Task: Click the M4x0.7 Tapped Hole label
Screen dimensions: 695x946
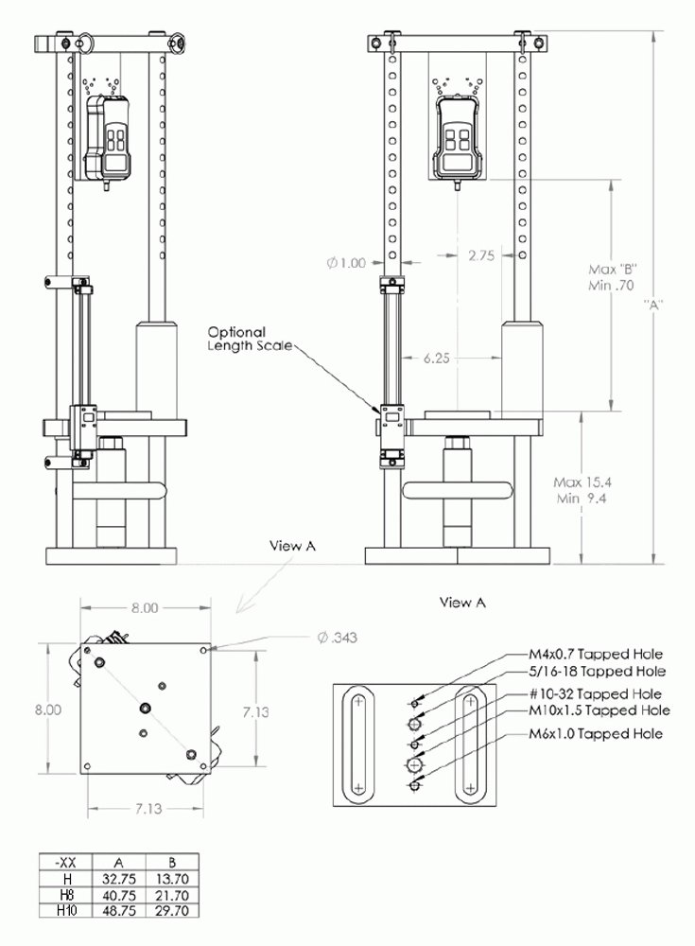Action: point(596,654)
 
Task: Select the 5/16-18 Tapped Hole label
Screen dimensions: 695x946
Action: point(597,671)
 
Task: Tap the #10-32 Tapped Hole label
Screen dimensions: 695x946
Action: point(595,693)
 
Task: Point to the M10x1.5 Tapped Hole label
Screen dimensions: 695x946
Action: point(599,710)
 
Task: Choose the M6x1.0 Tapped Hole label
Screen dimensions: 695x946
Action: point(596,734)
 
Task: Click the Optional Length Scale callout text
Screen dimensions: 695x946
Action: point(250,339)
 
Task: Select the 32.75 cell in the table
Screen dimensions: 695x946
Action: point(119,879)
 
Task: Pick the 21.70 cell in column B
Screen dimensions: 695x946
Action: point(172,895)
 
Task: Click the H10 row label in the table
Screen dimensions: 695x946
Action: point(66,910)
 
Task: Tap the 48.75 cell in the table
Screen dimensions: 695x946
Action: point(119,910)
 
